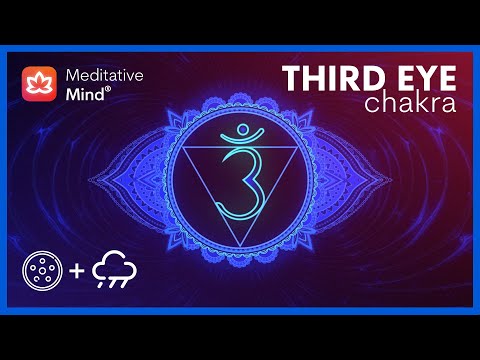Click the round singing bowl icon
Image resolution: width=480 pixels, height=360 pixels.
point(43,273)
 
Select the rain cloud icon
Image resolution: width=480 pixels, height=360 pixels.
point(115,270)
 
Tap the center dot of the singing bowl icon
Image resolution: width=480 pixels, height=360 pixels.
point(43,273)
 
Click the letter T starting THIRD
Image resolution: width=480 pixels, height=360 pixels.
point(289,77)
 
